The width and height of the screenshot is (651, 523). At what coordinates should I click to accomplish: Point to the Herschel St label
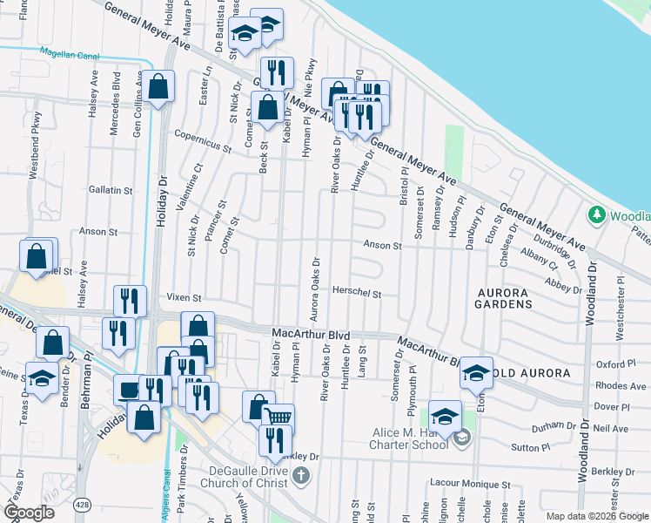(358, 295)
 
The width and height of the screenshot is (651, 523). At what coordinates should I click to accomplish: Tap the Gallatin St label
(111, 189)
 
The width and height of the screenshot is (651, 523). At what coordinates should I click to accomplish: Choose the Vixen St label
(185, 298)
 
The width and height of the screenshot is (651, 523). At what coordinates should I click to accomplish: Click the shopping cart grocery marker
(278, 418)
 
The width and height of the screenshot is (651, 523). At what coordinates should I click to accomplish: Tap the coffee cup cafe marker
(130, 389)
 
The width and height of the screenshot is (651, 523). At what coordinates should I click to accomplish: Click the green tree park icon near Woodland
(597, 214)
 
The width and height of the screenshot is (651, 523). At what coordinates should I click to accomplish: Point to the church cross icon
(301, 475)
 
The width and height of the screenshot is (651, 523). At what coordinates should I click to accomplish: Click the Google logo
(30, 513)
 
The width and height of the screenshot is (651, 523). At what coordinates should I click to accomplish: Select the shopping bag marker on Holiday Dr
(159, 86)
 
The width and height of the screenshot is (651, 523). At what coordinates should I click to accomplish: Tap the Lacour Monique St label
(469, 484)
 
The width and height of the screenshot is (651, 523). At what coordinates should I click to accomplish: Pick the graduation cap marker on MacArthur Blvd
(476, 372)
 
